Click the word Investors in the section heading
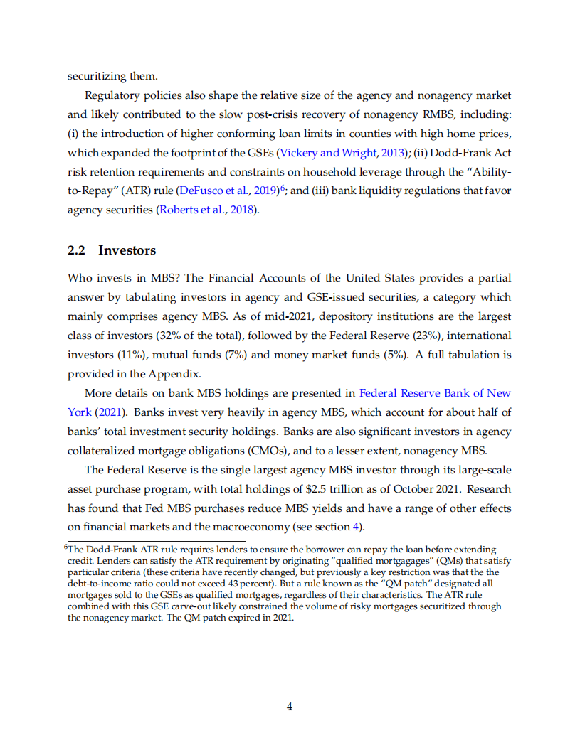pyautogui.click(x=127, y=250)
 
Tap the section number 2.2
pyautogui.click(x=77, y=250)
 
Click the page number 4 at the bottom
pyautogui.click(x=290, y=706)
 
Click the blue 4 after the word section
pyautogui.click(x=357, y=527)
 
